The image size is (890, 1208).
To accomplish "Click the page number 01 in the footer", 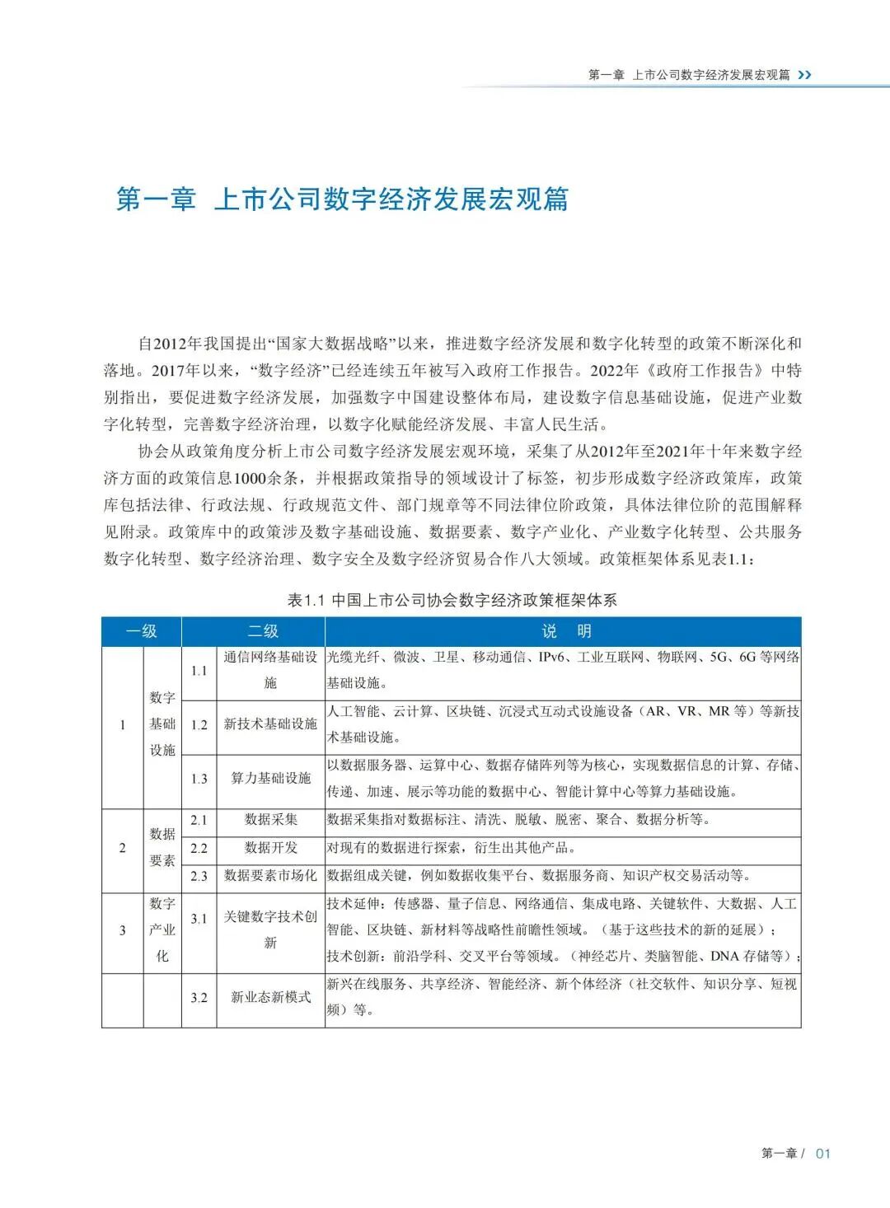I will click(x=822, y=1154).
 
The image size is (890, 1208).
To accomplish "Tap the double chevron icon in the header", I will click(x=805, y=75).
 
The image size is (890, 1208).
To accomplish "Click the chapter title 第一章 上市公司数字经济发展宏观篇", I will click(x=342, y=199).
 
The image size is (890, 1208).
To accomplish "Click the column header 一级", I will click(x=141, y=632).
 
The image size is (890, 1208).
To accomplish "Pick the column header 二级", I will click(x=263, y=632).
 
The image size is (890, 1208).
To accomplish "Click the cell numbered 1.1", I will click(x=199, y=671).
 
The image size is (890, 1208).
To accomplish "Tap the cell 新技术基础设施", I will click(x=270, y=724).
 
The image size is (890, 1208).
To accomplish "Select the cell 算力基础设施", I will click(x=270, y=779).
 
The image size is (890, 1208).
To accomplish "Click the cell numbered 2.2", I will click(x=199, y=848).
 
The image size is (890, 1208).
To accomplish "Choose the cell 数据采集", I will click(x=270, y=820).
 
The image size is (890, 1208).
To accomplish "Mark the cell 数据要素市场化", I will click(x=270, y=876).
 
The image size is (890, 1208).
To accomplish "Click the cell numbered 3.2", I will click(x=199, y=998).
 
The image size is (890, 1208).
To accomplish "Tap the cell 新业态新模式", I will click(x=270, y=998).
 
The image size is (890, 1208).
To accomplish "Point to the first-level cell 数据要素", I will click(x=162, y=848).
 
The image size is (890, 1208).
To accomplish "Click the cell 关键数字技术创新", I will click(x=270, y=930).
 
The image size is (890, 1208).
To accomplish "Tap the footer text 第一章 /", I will click(x=782, y=1154).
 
